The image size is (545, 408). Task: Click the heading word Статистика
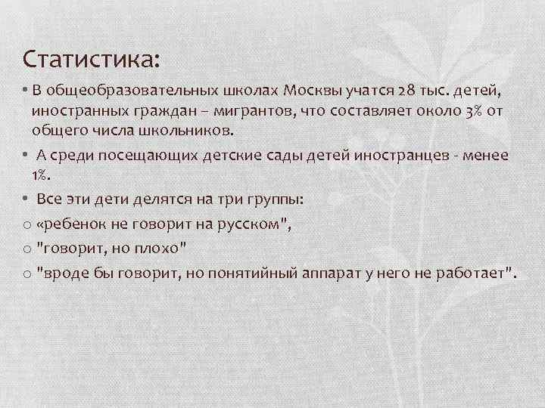tap(90, 58)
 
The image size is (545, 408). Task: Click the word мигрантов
tap(255, 111)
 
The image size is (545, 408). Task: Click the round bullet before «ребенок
tap(27, 224)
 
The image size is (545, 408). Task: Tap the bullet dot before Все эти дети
tap(25, 199)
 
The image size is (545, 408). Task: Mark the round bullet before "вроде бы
tap(27, 274)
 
